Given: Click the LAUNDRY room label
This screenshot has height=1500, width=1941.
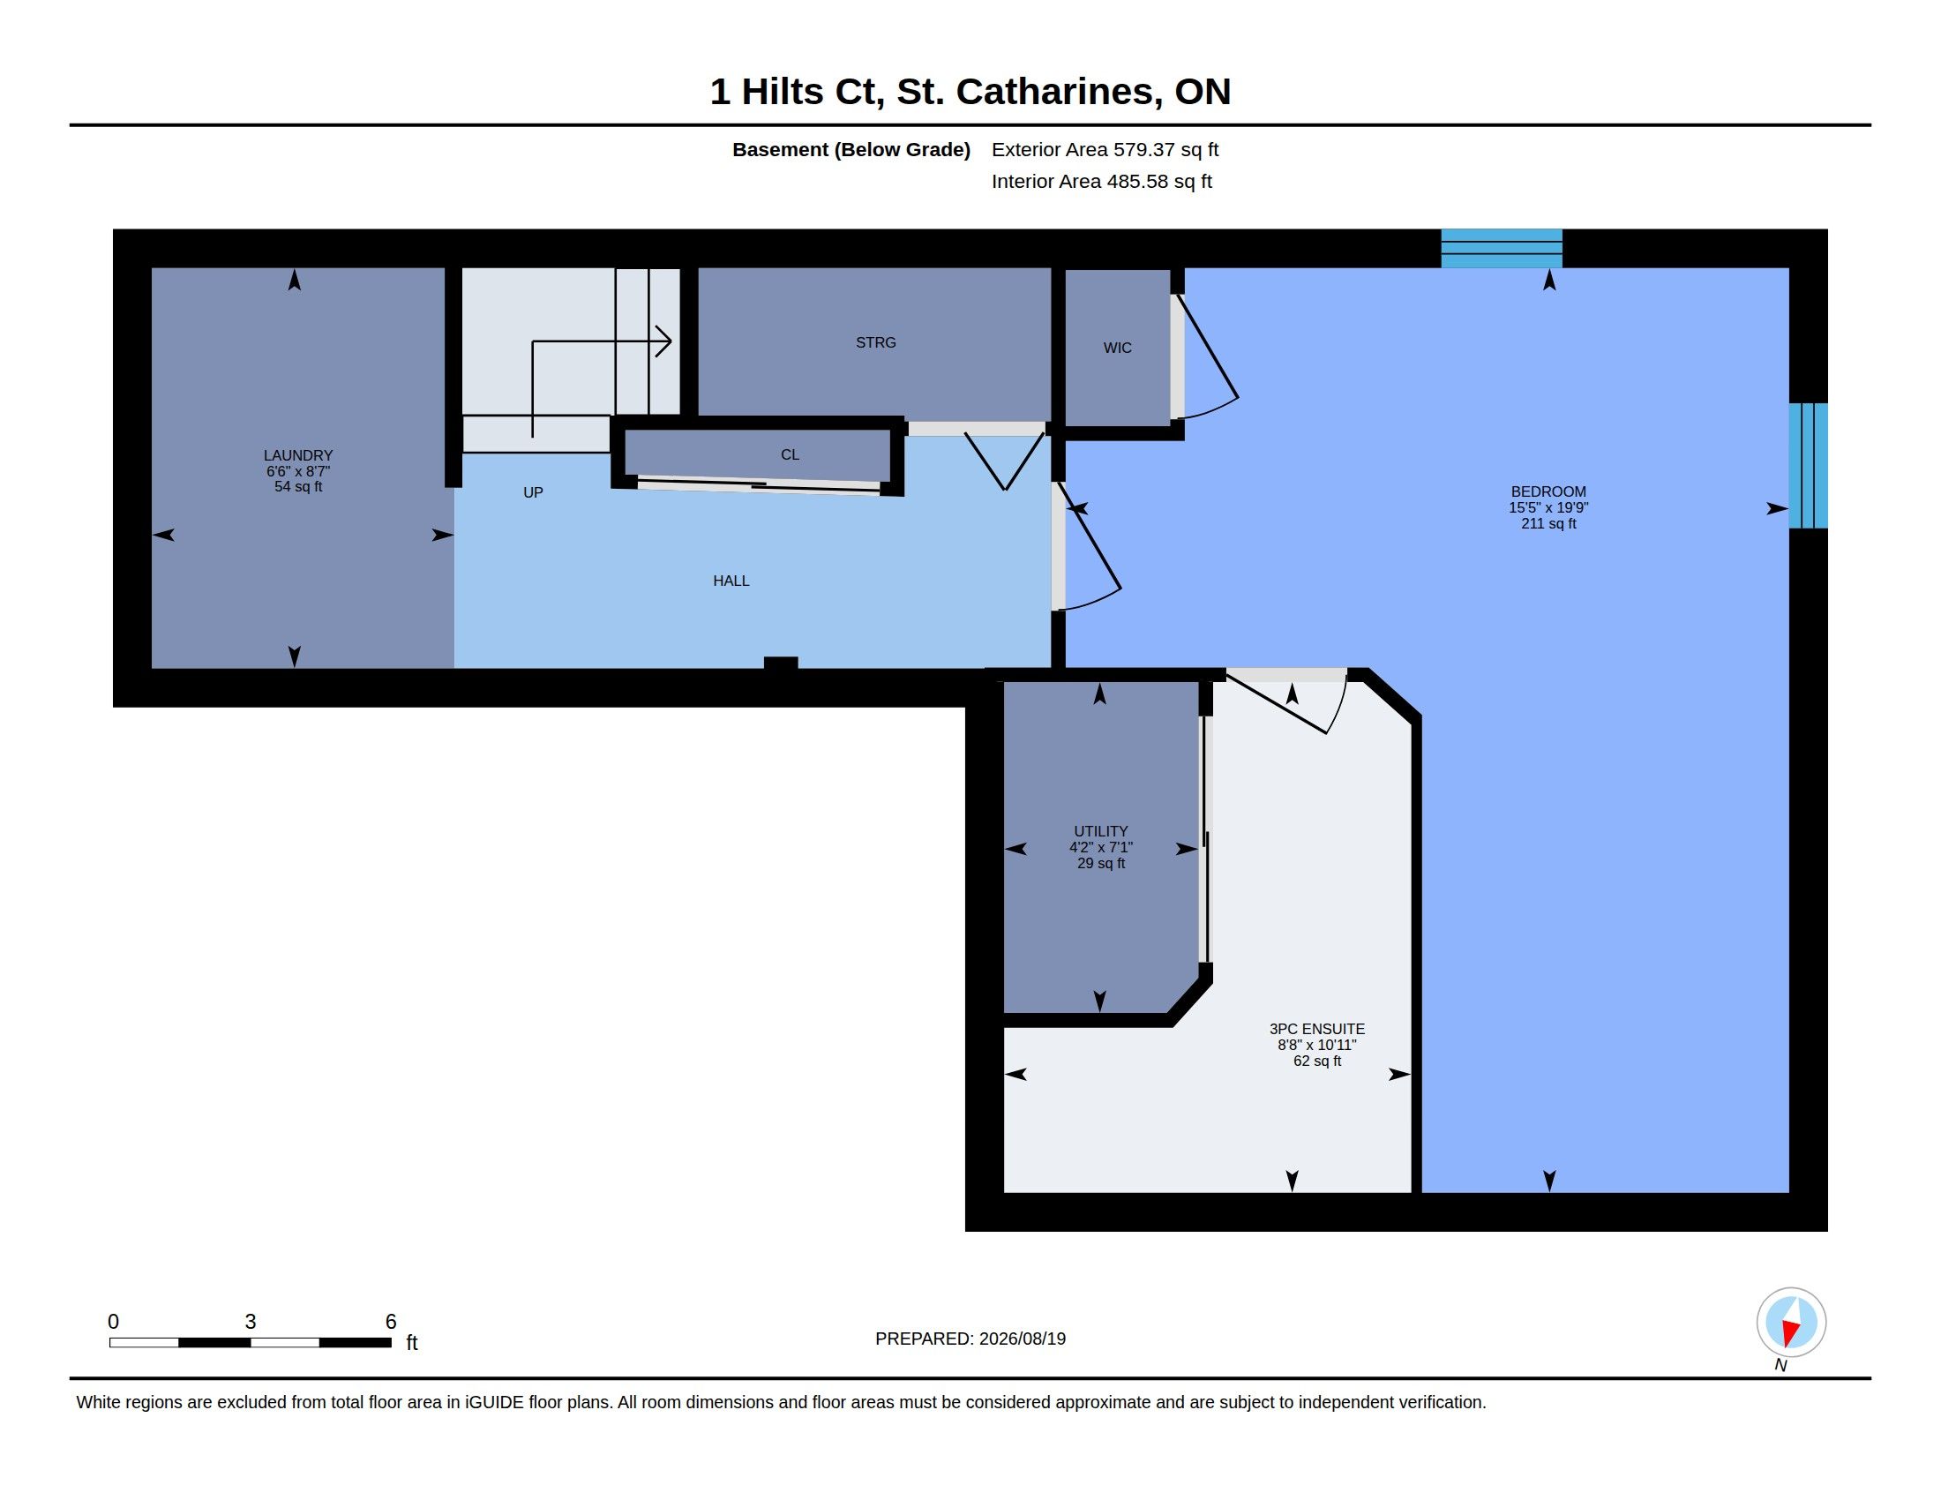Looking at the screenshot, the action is point(297,455).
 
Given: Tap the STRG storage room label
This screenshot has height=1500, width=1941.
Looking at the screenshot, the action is point(875,342).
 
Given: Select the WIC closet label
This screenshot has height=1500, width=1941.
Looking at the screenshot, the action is point(1117,348).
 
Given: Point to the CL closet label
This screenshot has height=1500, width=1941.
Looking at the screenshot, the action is point(791,454).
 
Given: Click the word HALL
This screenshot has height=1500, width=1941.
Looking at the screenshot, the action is point(731,581).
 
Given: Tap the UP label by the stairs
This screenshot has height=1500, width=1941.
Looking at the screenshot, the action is point(533,492).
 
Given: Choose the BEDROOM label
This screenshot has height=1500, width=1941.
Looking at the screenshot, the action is point(1548,491).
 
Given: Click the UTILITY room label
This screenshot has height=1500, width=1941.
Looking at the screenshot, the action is point(1100,831).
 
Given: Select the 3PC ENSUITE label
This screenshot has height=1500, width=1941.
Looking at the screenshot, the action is point(1317,1028).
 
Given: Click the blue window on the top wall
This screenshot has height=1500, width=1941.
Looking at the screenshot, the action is point(1501,248).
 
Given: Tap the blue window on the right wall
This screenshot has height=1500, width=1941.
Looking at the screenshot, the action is point(1808,466).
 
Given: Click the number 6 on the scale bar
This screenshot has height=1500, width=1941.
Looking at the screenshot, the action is point(390,1322).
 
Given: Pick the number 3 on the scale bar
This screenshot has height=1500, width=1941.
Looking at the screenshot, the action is point(251,1322).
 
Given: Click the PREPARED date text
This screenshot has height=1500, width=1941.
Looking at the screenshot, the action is point(970,1339).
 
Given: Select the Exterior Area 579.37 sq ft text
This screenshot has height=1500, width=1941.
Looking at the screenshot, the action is point(1105,149).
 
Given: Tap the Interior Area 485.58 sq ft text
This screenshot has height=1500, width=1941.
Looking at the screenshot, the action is point(1101,181).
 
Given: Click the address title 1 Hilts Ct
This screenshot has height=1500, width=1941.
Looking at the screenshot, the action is point(797,92).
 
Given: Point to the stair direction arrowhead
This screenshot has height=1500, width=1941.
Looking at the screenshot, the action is point(663,341).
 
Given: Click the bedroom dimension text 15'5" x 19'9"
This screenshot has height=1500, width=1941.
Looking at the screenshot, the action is point(1548,507).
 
